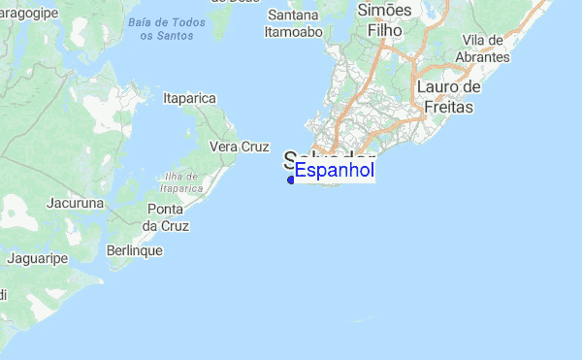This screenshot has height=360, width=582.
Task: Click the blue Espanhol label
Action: coord(335,172)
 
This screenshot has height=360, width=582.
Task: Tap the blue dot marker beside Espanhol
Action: coord(291,180)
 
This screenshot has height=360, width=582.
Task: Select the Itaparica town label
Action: coord(189,98)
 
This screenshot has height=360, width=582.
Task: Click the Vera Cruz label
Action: coord(239,147)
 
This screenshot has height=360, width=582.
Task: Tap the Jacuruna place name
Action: coord(75,204)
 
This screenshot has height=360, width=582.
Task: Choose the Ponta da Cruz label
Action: coord(167,217)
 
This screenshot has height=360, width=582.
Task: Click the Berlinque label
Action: coord(135,250)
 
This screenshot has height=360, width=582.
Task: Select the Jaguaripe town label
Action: coord(36,258)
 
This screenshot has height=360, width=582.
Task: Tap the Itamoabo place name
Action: coord(293,31)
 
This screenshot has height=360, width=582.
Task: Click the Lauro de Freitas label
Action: coord(448,97)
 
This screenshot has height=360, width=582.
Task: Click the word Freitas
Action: coord(448,107)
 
